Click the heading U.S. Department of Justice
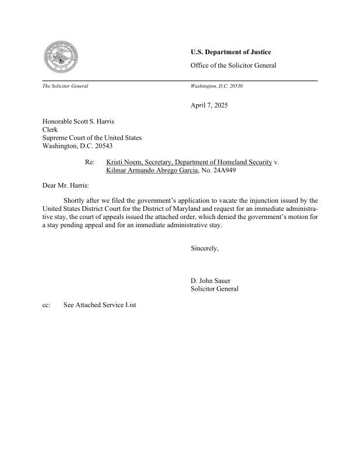pyautogui.click(x=231, y=52)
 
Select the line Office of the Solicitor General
pyautogui.click(x=233, y=65)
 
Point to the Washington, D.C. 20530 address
pyautogui.click(x=217, y=86)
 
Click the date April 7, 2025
pyautogui.click(x=209, y=105)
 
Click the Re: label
pyautogui.click(x=90, y=162)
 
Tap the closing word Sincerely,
pyautogui.click(x=204, y=249)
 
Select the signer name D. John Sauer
pyautogui.click(x=211, y=281)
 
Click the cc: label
pyautogui.click(x=47, y=305)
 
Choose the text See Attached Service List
pyautogui.click(x=100, y=305)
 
